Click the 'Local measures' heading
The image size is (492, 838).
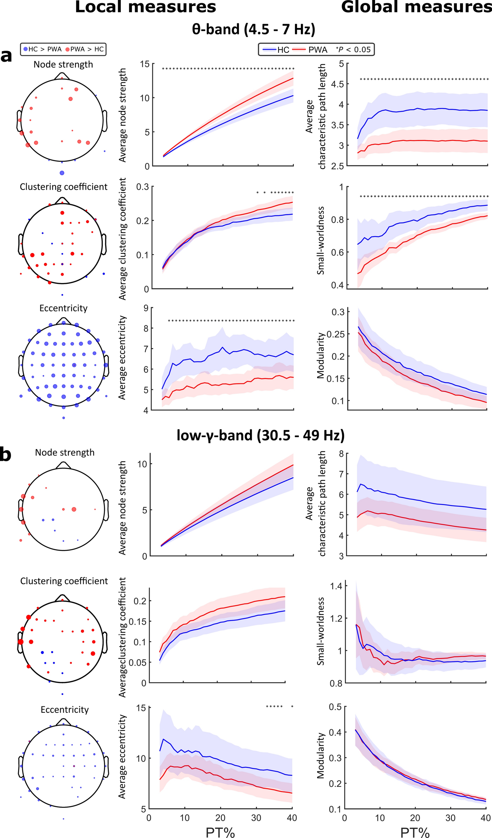(x=145, y=7)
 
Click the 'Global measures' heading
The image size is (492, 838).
(x=416, y=7)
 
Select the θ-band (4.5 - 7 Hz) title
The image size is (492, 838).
(x=253, y=29)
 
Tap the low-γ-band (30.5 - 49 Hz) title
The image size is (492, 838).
(x=261, y=435)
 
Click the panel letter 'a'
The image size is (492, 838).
(x=6, y=56)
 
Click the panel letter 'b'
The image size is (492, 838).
(x=5, y=455)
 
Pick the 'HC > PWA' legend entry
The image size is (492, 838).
(x=42, y=49)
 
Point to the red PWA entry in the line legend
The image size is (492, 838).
(x=312, y=50)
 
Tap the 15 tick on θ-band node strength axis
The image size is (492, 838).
(x=145, y=64)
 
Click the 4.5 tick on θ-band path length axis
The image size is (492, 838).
(x=337, y=84)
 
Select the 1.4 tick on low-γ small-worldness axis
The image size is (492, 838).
(x=336, y=586)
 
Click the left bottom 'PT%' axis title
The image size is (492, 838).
(x=220, y=832)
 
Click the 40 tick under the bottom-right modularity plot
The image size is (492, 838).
(x=485, y=818)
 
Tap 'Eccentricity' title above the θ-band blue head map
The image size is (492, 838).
(x=63, y=308)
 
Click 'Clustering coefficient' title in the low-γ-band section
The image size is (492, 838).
(x=64, y=581)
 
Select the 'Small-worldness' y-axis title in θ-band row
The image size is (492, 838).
(x=321, y=240)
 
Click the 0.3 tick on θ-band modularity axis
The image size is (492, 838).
(x=338, y=312)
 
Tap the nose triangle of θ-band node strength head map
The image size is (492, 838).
(x=62, y=76)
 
